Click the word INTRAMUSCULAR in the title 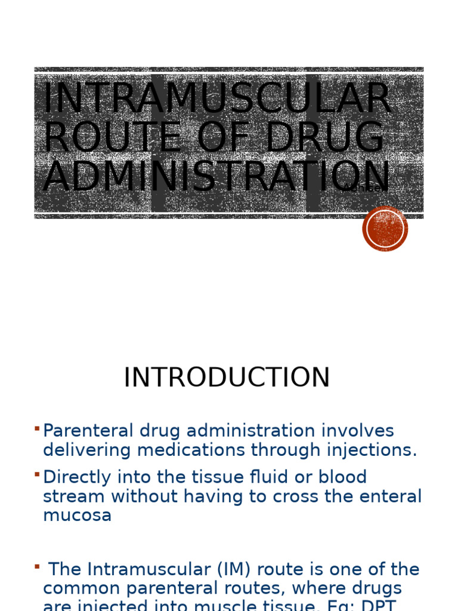tap(216, 98)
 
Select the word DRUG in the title tap(324, 138)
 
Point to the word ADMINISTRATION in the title tap(216, 177)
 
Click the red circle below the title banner tap(385, 229)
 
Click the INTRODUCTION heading tap(227, 378)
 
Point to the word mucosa tap(77, 516)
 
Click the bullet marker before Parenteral tap(37, 428)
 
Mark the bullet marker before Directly tap(37, 475)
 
